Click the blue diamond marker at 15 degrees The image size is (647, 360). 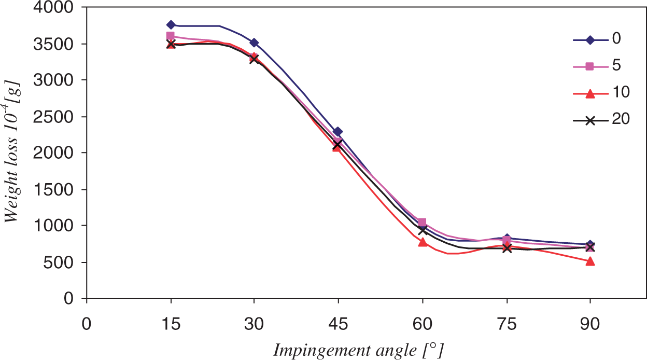[171, 25]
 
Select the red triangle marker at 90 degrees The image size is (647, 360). [590, 261]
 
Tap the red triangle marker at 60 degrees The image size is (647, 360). [423, 242]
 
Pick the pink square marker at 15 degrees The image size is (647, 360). [171, 36]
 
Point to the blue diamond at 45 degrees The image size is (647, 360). [337, 132]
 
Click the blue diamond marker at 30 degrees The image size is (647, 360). [254, 43]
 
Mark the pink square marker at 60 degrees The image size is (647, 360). [422, 222]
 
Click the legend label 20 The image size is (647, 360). [621, 118]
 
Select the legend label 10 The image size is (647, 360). [621, 92]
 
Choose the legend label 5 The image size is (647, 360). [616, 65]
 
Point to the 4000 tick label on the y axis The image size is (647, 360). [53, 7]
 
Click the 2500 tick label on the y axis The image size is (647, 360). [53, 117]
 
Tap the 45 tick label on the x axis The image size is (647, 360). [338, 324]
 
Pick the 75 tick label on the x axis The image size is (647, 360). [507, 324]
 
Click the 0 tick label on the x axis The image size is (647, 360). [87, 324]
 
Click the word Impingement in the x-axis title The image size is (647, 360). [322, 351]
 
